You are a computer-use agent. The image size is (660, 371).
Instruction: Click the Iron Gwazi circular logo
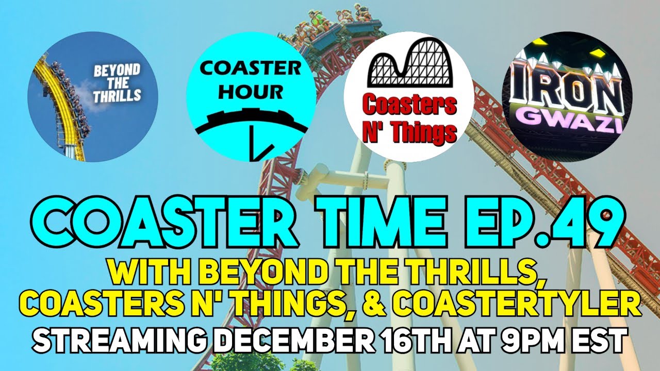(x=567, y=97)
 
